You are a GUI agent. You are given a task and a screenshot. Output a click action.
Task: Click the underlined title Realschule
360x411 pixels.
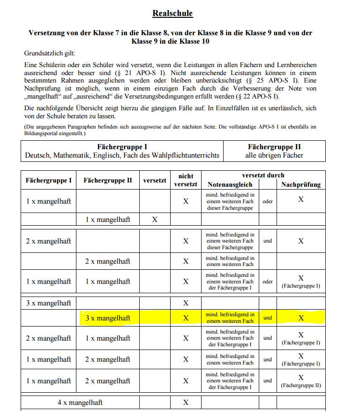pos(172,13)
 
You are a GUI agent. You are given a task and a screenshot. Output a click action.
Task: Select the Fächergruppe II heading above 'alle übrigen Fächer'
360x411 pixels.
pos(274,147)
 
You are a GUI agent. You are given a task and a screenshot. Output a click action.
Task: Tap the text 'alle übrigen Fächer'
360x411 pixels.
pos(274,155)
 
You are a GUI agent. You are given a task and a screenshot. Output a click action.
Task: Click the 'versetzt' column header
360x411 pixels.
pos(155,180)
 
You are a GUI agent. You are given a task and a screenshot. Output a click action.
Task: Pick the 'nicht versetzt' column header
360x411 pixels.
pos(186,180)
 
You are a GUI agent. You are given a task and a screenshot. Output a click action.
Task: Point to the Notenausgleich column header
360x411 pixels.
pos(230,185)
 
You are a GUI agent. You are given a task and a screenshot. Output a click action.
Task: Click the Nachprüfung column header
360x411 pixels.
pos(301,185)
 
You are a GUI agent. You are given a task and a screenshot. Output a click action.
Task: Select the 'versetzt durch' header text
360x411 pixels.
pos(263,175)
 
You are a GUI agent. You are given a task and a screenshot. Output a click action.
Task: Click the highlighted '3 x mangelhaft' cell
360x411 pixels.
pos(108,318)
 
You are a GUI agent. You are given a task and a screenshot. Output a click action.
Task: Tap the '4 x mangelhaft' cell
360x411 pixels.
pos(80,403)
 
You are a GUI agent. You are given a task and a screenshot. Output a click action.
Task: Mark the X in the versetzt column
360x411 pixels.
pos(155,220)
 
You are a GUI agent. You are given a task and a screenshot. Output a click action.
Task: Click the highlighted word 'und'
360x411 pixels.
pos(268,318)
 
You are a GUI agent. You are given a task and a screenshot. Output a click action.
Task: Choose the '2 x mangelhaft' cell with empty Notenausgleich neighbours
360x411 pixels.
pos(108,261)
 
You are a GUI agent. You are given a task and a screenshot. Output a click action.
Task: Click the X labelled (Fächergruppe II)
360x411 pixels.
pos(301,377)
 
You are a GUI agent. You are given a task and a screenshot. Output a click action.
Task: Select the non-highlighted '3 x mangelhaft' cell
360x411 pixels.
pos(48,303)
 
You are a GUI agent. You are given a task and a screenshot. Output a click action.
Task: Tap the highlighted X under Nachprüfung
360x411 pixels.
pos(301,318)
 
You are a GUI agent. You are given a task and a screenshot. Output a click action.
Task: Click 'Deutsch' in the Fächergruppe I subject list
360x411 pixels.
pos(37,155)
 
